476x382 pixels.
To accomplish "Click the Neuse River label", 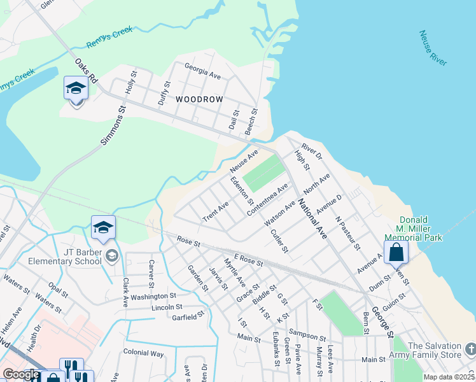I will click(433, 48).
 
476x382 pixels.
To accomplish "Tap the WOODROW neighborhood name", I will click(199, 100).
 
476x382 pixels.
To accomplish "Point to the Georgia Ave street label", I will click(202, 71).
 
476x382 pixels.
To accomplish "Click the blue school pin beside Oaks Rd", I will click(76, 89).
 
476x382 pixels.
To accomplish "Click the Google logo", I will click(21, 374).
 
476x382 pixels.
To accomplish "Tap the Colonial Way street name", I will click(143, 353).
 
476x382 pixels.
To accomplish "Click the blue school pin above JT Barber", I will click(104, 228).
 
